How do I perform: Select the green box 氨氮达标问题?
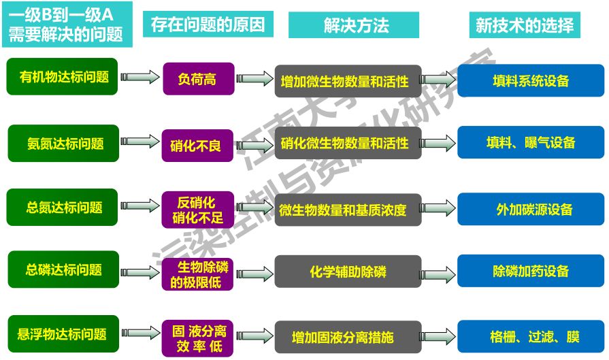[x=63, y=144]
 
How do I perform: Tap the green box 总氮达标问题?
[x=63, y=207]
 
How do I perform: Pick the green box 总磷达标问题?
[x=63, y=269]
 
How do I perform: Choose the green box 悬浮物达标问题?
[x=63, y=334]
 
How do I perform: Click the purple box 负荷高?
[x=198, y=79]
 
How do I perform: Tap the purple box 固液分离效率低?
[x=198, y=338]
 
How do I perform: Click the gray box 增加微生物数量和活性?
[x=348, y=81]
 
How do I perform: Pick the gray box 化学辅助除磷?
[x=348, y=271]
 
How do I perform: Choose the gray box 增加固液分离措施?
[x=348, y=337]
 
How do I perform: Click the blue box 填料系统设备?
[x=531, y=80]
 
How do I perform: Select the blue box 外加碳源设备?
[x=531, y=209]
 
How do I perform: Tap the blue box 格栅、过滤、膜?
[x=531, y=336]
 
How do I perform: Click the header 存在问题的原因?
[x=208, y=25]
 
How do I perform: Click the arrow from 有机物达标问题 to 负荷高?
[x=139, y=78]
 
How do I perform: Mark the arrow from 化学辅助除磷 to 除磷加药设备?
[x=439, y=271]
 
